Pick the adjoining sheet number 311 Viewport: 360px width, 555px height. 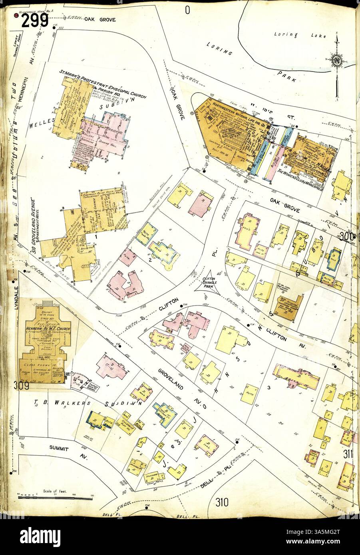point(349,454)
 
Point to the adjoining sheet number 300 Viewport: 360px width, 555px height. point(347,236)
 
